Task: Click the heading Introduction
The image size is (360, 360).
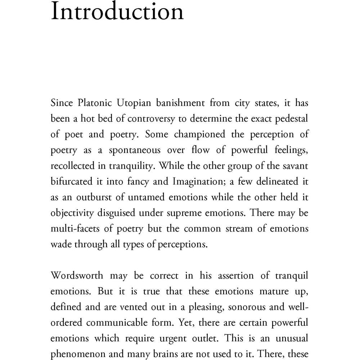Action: [117, 12]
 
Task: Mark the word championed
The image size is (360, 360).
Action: [200, 134]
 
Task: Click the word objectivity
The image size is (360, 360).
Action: [72, 213]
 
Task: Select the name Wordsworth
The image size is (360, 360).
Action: [77, 276]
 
